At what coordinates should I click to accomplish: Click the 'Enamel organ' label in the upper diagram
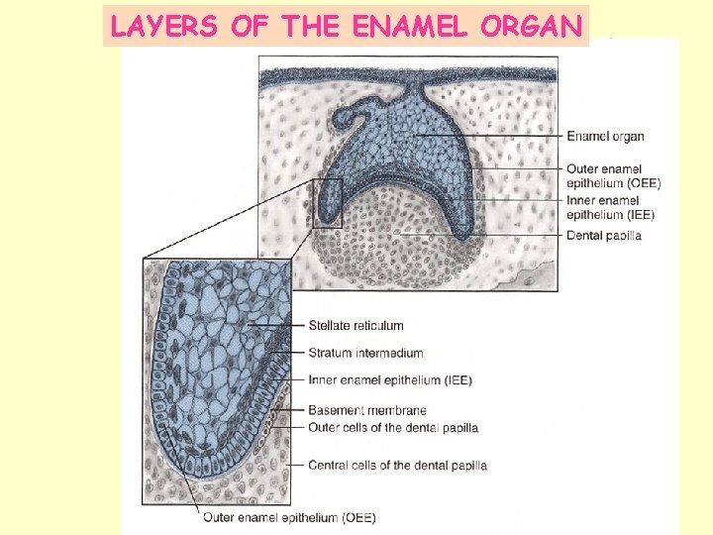click(605, 136)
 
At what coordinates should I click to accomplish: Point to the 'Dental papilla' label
click(604, 236)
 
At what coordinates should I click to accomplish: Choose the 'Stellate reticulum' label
click(356, 325)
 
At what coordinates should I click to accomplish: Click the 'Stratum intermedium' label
click(365, 353)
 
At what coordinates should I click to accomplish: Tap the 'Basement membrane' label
click(366, 410)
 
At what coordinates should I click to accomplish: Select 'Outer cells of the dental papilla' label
click(393, 428)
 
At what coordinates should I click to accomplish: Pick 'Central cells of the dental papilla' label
click(397, 465)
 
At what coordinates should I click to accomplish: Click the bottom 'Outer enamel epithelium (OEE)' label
click(289, 517)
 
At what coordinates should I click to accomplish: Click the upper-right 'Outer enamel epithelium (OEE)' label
click(613, 175)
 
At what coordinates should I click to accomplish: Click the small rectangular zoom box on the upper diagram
click(328, 203)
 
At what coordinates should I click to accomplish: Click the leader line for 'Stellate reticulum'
click(277, 325)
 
